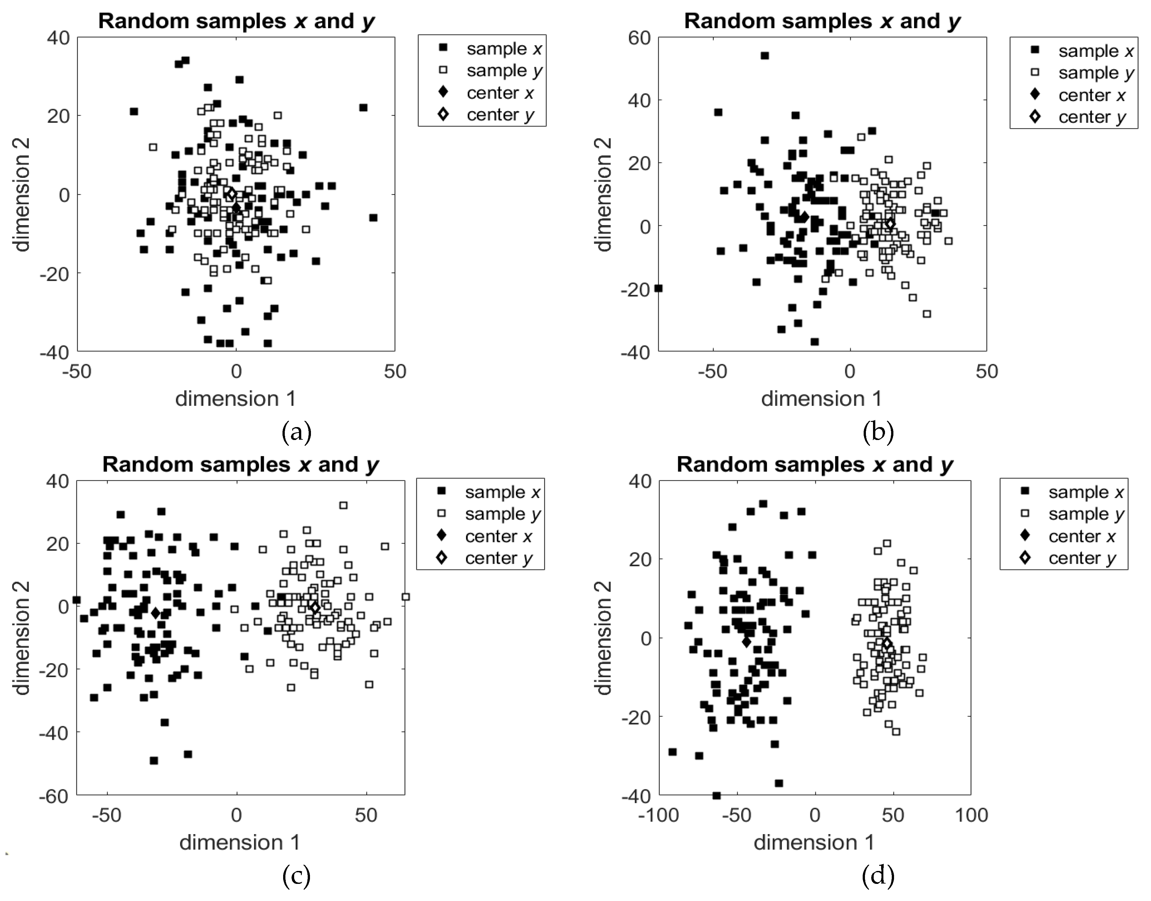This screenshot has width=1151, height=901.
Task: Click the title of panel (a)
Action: (236, 21)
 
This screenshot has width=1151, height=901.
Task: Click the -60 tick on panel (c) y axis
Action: (54, 796)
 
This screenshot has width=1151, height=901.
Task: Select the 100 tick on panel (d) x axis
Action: (971, 815)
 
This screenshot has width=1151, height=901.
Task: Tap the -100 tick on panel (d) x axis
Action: (657, 815)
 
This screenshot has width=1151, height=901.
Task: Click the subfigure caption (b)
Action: (878, 432)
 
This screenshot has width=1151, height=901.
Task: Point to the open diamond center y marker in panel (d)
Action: (887, 644)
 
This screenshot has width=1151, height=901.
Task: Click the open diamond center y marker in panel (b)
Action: (890, 224)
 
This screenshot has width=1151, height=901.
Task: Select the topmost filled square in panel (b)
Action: (765, 55)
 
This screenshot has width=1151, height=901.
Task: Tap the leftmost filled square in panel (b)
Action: (658, 288)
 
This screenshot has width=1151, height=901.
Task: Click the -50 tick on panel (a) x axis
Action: (77, 372)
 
